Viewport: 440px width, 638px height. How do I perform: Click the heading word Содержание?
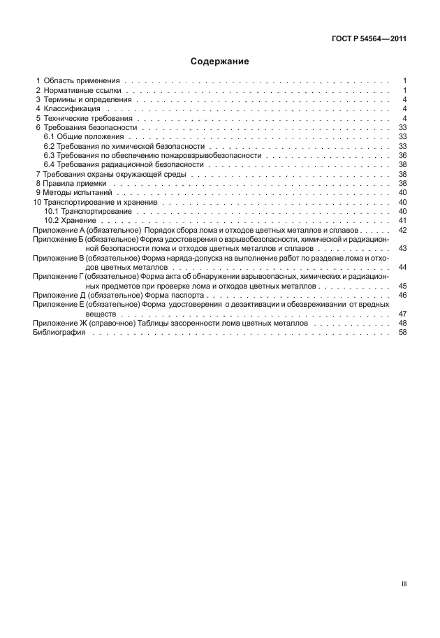pyautogui.click(x=220, y=61)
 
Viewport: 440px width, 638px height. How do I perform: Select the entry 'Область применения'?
pyautogui.click(x=82, y=81)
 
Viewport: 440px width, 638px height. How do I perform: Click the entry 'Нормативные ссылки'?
pyautogui.click(x=82, y=91)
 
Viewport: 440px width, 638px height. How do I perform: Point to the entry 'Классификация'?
pyautogui.click(x=72, y=109)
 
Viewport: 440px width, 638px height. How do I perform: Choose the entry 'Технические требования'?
pyautogui.click(x=87, y=119)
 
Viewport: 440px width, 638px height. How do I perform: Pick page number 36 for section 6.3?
pyautogui.click(x=402, y=155)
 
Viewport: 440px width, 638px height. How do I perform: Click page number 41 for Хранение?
pyautogui.click(x=402, y=220)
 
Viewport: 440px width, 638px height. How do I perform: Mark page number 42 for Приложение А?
pyautogui.click(x=402, y=229)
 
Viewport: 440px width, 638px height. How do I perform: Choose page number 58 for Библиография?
pyautogui.click(x=402, y=333)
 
